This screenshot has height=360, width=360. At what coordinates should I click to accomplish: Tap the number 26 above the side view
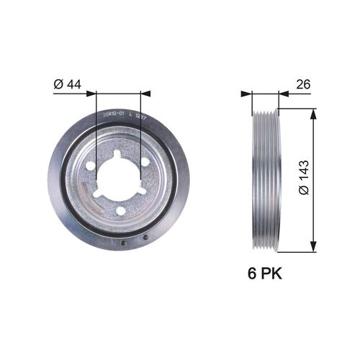(303, 85)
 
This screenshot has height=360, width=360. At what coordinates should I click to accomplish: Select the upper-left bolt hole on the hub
(90, 165)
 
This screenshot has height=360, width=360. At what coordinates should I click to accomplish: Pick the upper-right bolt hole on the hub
(145, 162)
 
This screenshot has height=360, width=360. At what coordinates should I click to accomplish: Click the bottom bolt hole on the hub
(120, 210)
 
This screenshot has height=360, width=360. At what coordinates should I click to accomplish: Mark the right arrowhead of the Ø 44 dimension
(145, 93)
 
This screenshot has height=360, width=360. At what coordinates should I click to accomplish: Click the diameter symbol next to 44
(58, 85)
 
